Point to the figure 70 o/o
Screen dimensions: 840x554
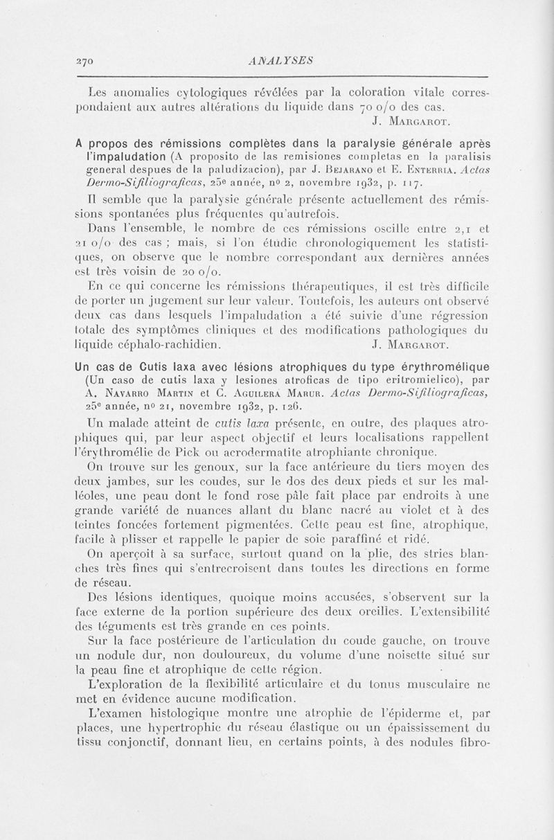pyautogui.click(x=392, y=107)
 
